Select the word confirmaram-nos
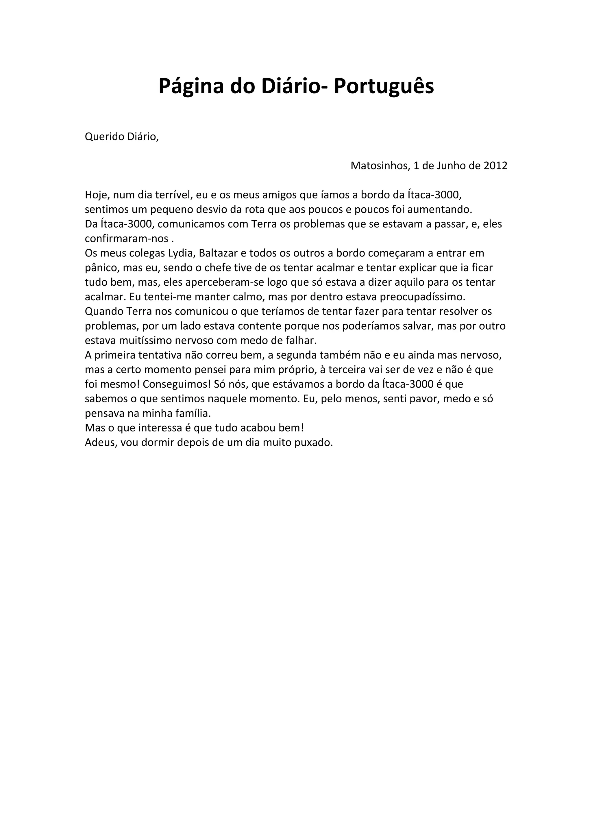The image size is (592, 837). [x=127, y=239]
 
